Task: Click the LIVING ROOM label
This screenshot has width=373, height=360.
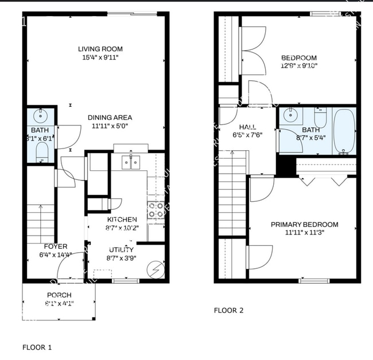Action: (x=100, y=49)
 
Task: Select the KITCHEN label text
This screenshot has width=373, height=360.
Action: (x=122, y=220)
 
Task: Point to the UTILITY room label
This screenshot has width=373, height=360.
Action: (x=121, y=249)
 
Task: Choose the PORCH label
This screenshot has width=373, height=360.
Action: (x=59, y=295)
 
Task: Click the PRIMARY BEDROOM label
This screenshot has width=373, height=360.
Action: (x=304, y=225)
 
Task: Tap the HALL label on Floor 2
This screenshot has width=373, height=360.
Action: (x=247, y=127)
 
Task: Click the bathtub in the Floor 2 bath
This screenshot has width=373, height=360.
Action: (x=344, y=131)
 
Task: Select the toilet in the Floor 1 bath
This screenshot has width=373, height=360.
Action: (x=42, y=152)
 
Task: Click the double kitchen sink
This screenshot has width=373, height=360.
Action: (x=131, y=163)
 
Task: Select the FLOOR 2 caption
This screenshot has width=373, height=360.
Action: (x=228, y=310)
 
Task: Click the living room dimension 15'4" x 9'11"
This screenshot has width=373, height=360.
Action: (x=100, y=57)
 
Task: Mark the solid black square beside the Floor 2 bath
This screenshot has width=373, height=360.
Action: (x=284, y=166)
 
